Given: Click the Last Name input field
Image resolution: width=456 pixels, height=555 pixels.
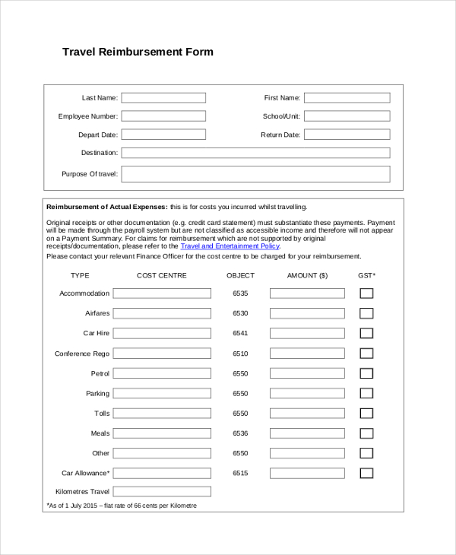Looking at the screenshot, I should tap(163, 97).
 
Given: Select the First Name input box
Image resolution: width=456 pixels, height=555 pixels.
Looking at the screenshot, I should tap(347, 97).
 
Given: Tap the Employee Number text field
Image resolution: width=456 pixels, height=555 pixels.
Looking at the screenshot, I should tap(163, 116).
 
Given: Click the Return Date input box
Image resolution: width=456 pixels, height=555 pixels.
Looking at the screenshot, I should tap(347, 135).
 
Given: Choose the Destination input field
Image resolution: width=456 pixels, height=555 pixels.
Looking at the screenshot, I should tap(255, 153).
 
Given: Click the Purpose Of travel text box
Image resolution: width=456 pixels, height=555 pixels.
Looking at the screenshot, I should tap(255, 174).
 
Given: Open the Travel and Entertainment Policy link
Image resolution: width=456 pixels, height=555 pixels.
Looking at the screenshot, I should tap(230, 246).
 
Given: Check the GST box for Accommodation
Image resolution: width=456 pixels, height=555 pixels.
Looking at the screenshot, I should tap(366, 293).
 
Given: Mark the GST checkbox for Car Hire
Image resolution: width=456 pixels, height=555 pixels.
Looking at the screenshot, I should tap(366, 333).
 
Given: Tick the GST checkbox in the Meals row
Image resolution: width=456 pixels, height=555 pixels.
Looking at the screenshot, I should tap(366, 433).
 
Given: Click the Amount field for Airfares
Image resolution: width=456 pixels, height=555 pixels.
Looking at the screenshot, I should tap(306, 313).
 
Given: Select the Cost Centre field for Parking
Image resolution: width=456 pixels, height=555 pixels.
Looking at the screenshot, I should tap(162, 394).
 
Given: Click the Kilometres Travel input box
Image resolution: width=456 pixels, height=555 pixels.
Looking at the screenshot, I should tap(162, 492).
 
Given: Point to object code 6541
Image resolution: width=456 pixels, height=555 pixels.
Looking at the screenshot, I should tap(240, 334).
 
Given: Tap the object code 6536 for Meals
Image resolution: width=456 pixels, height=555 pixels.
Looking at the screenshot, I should tap(240, 433).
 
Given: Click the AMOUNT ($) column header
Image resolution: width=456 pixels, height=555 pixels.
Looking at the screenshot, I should tap(307, 275).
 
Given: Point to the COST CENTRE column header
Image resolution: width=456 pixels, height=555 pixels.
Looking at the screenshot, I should tap(161, 275).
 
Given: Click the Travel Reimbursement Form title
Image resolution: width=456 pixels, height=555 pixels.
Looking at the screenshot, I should tap(138, 52).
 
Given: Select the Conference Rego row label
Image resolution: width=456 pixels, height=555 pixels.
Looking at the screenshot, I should tap(82, 354).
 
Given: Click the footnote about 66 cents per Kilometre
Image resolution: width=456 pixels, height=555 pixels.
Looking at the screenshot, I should tap(122, 506).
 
